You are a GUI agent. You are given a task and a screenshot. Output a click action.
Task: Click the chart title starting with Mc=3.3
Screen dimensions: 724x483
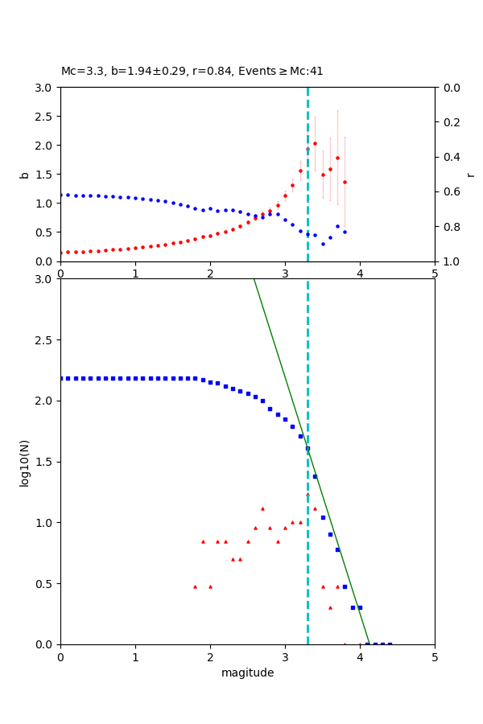click(192, 71)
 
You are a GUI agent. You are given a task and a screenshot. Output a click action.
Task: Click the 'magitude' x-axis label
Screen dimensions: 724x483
click(247, 673)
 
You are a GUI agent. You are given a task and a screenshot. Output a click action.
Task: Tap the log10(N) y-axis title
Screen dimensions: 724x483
click(24, 462)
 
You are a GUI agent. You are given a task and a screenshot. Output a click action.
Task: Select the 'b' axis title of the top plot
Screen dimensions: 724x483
click(24, 175)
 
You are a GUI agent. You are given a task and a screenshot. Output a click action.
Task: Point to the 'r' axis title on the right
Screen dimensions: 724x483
click(470, 175)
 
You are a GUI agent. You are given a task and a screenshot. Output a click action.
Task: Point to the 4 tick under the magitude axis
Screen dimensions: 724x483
click(360, 656)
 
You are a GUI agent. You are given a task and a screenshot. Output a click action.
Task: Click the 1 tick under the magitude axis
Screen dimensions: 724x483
click(135, 656)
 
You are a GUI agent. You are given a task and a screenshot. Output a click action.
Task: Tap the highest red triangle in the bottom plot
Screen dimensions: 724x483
click(308, 494)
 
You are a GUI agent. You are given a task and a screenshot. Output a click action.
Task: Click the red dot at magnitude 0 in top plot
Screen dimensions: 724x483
click(61, 253)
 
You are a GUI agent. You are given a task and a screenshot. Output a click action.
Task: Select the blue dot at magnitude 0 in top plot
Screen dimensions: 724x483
click(61, 195)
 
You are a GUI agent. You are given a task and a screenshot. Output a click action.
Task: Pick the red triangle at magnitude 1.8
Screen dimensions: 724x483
click(195, 586)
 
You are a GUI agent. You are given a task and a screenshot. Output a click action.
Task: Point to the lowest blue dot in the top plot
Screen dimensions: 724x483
click(323, 244)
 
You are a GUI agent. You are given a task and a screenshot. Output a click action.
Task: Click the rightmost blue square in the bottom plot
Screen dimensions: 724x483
click(390, 644)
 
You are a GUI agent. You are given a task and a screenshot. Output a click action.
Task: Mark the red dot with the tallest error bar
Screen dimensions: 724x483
click(337, 158)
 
